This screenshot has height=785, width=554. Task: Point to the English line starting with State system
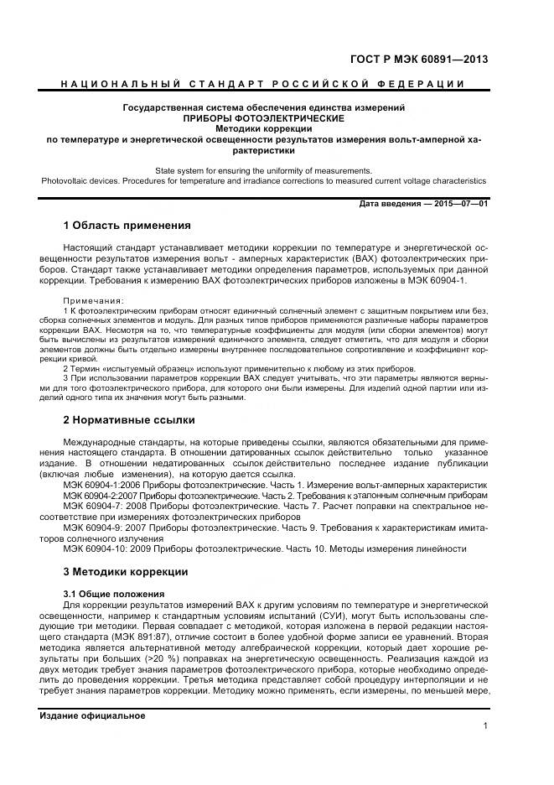pos(263,169)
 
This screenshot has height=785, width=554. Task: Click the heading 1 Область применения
pos(127,226)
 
